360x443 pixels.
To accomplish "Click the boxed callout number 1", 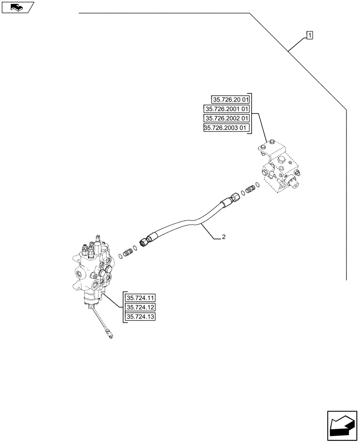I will [309, 35].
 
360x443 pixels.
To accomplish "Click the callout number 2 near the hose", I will [224, 237].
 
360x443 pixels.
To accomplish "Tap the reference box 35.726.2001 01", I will [227, 109].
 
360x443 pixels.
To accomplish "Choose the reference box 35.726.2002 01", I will [227, 119].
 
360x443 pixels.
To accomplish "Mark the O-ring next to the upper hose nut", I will [243, 192].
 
